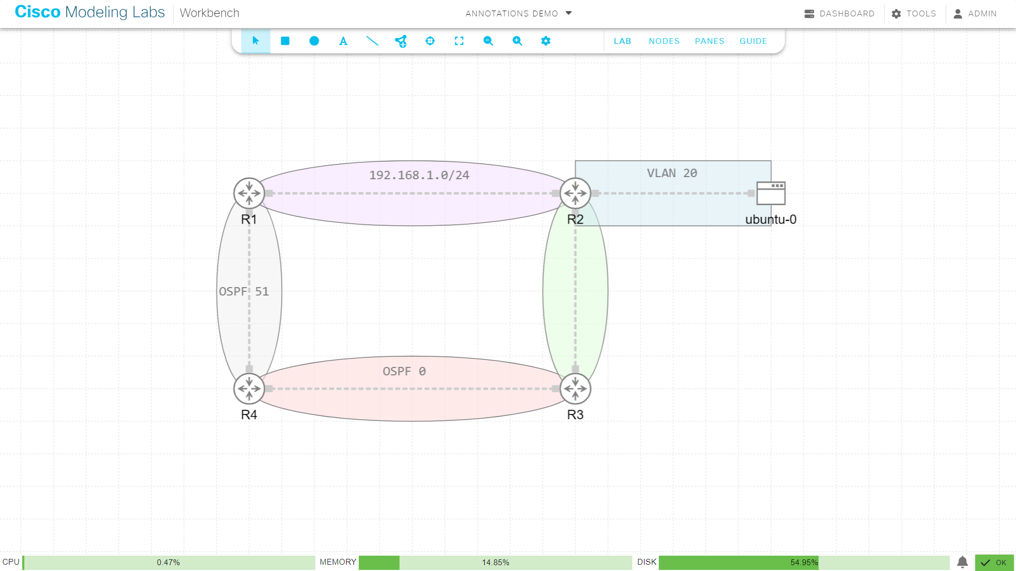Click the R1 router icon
249,193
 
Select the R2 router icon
575,193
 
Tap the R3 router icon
575,389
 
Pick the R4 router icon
249,389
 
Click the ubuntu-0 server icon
770,193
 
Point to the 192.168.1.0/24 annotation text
419,175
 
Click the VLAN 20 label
672,173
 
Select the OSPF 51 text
244,291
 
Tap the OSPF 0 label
404,371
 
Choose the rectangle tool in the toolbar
285,41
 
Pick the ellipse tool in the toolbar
314,41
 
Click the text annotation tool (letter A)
343,41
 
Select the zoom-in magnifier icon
517,41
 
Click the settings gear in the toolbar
546,41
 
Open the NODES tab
664,41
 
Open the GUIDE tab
753,41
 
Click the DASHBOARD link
840,14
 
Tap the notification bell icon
963,562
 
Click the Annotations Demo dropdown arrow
569,13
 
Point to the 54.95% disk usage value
804,563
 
